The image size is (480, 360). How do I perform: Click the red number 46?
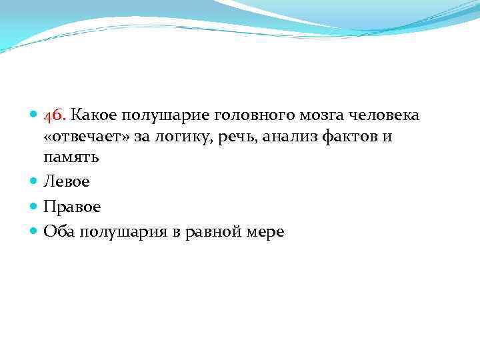click(55, 116)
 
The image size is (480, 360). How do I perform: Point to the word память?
click(71, 159)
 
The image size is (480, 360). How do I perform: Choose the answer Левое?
click(66, 181)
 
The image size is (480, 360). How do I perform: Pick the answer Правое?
click(72, 207)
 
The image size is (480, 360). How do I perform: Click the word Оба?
click(59, 231)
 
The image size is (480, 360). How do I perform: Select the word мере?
click(266, 232)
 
